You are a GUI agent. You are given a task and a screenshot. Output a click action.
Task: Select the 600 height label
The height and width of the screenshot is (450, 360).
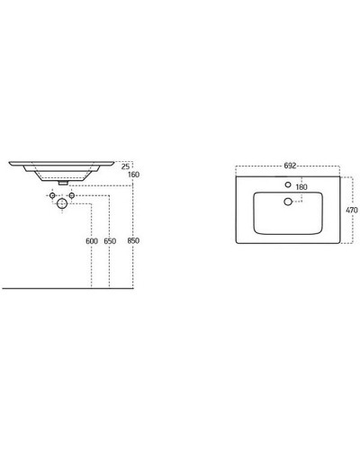pyautogui.click(x=92, y=241)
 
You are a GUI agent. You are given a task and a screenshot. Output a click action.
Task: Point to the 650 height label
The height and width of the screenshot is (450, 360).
pyautogui.click(x=110, y=241)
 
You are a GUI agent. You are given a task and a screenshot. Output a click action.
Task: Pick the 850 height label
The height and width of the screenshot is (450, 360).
pyautogui.click(x=133, y=241)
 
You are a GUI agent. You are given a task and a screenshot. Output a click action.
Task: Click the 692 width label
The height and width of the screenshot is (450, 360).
pyautogui.click(x=290, y=166)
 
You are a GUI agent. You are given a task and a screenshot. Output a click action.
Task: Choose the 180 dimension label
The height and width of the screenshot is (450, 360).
pyautogui.click(x=301, y=188)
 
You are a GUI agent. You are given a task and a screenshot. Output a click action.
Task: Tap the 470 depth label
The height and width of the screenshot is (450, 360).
pyautogui.click(x=351, y=210)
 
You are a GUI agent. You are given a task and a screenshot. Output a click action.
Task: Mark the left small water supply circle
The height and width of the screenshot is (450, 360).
pyautogui.click(x=52, y=195)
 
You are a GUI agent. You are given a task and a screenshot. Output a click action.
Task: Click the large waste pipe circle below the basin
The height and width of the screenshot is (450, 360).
pyautogui.click(x=62, y=205)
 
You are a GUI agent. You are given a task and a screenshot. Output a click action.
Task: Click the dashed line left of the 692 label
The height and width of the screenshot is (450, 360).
pyautogui.click(x=256, y=166)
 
